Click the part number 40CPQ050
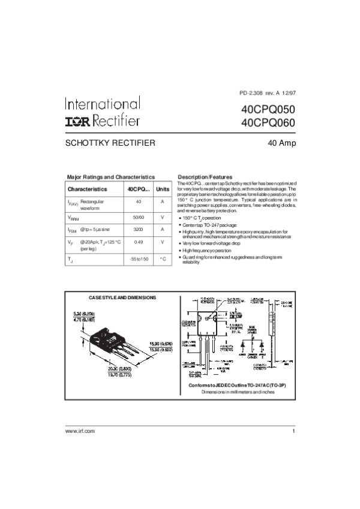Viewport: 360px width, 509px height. pos(268,110)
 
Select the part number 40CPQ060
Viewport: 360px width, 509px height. pos(268,124)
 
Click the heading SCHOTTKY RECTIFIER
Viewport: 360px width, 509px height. pos(110,143)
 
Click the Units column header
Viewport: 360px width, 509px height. pos(163,189)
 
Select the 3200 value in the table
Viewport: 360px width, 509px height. pos(139,230)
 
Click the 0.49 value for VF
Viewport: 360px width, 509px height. pos(139,242)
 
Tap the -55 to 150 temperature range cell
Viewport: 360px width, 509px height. pos(139,259)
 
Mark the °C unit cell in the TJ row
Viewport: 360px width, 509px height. pos(163,259)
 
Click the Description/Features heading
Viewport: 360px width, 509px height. pos(205,177)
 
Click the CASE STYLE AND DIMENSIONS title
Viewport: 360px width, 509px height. pos(122,297)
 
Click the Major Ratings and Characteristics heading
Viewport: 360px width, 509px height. pos(111,177)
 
